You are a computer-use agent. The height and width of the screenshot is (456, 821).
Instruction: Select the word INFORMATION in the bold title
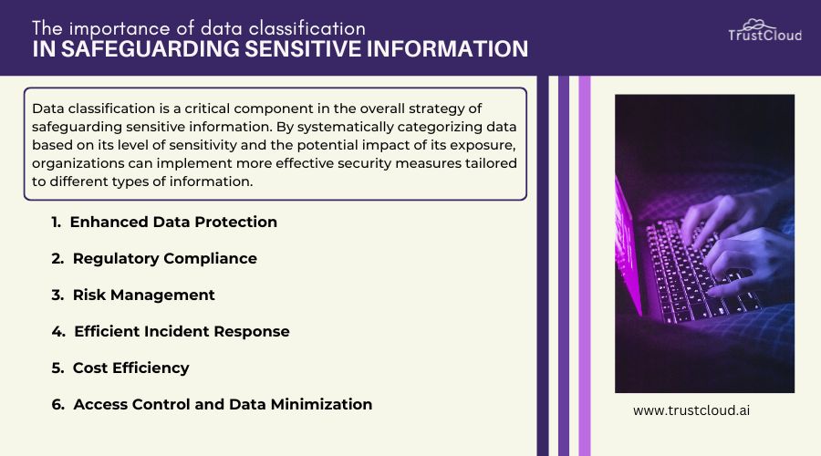[453, 49]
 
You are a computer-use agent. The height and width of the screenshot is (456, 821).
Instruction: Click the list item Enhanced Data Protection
[173, 222]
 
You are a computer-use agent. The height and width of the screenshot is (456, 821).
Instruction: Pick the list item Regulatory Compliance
[164, 258]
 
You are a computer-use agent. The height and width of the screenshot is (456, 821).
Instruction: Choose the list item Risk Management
[143, 295]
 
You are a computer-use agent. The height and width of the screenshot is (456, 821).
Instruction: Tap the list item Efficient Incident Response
[181, 331]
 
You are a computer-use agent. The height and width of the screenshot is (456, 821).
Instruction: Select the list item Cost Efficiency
[130, 368]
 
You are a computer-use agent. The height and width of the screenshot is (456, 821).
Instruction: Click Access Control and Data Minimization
[223, 404]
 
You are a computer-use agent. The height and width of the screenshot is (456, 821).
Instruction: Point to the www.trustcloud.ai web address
[691, 411]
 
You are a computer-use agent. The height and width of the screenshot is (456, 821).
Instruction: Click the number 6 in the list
[57, 404]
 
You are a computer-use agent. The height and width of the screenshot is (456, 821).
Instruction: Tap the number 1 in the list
[56, 222]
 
